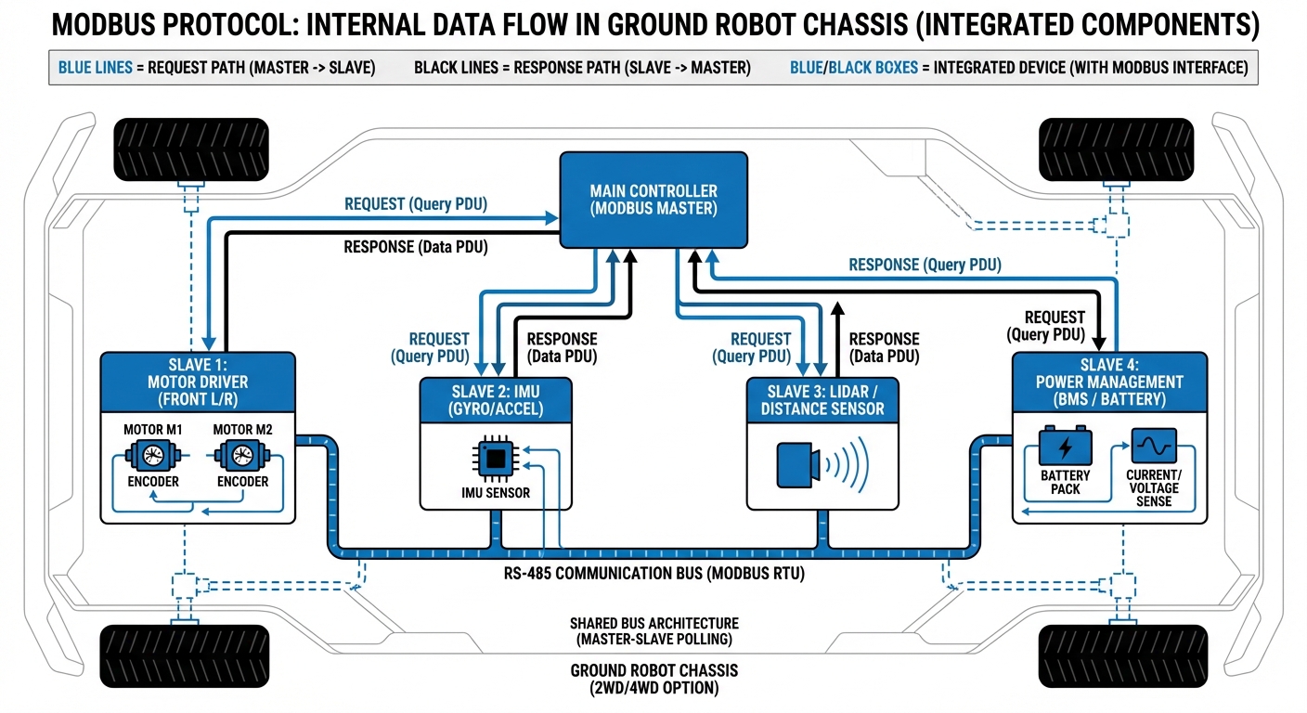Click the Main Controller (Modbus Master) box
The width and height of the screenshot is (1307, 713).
point(653,200)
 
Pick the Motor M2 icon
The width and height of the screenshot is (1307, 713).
point(241,457)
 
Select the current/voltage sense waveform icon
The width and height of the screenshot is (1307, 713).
point(1154,447)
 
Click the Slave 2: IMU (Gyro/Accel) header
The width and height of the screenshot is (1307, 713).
point(495,400)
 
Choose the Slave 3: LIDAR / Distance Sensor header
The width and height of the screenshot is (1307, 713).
point(822,400)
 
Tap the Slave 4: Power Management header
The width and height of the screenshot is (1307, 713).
point(1109,382)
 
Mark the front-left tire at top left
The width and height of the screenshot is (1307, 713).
point(191,149)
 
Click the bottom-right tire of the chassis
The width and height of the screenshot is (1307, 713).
point(1115,655)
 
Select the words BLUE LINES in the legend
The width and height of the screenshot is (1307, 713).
point(96,68)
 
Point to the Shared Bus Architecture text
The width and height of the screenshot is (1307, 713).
point(653,631)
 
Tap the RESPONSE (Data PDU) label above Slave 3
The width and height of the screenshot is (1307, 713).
point(884,347)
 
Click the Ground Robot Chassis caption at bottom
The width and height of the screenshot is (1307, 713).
point(653,680)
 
